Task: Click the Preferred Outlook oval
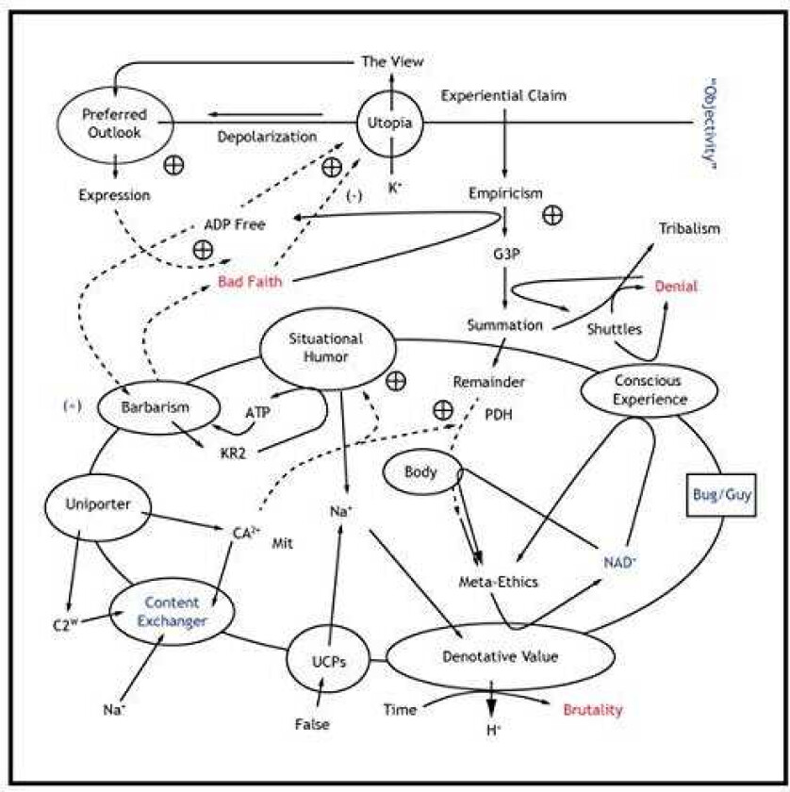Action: tap(113, 123)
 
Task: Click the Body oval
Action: tap(421, 471)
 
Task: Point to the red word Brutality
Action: tap(592, 710)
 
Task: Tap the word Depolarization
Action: tap(268, 137)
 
